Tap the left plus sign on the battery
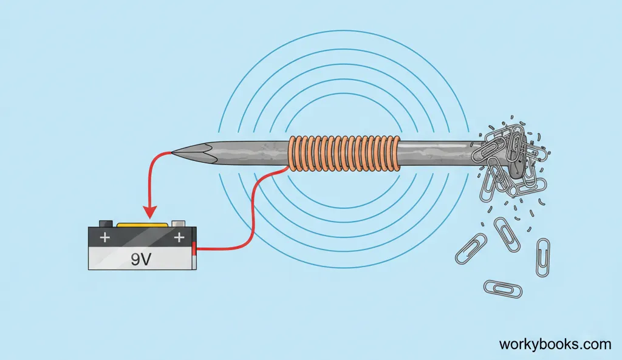[105, 237]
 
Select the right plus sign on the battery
[179, 237]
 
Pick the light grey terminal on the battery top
[179, 223]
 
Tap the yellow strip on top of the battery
[142, 225]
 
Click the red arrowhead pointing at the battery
[148, 212]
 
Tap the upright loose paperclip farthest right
[542, 257]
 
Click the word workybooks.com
[555, 344]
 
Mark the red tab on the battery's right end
[194, 248]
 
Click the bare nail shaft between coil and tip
[243, 151]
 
